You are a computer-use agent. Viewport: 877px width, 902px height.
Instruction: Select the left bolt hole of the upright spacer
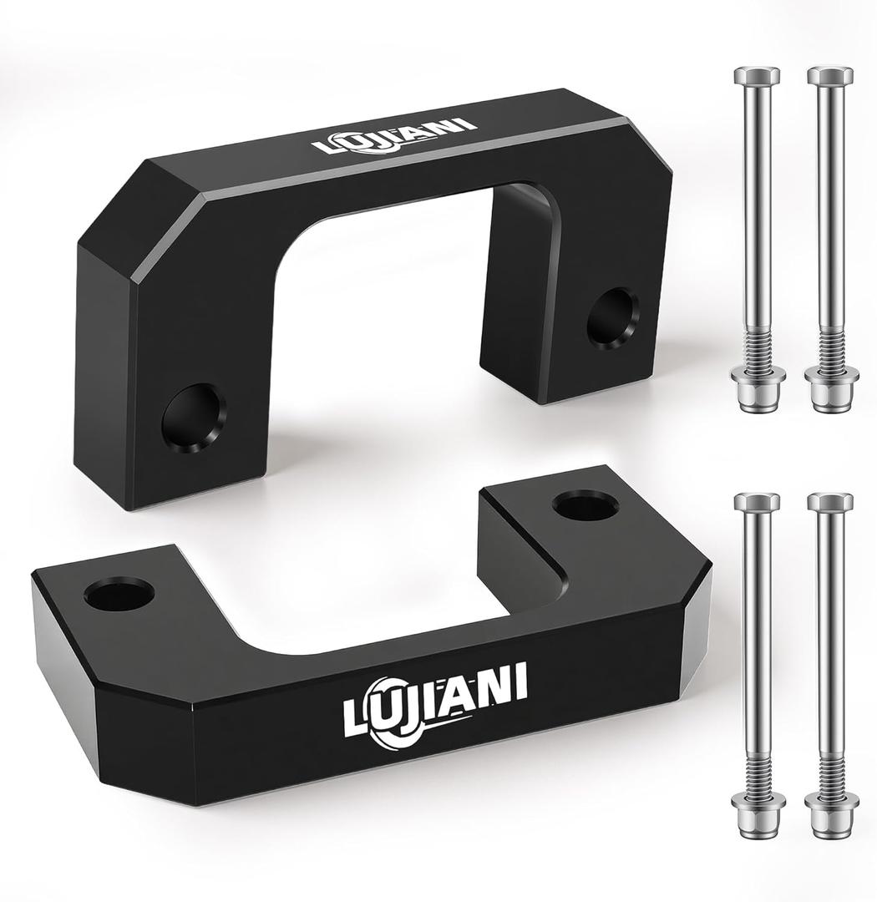(x=194, y=417)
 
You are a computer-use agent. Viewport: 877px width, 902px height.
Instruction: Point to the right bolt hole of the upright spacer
(x=611, y=317)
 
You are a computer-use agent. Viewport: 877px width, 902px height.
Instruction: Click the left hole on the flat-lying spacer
(x=119, y=593)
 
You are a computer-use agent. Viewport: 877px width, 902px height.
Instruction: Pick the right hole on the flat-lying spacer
(x=585, y=504)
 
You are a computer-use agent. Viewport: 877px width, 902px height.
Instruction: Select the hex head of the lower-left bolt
(x=757, y=502)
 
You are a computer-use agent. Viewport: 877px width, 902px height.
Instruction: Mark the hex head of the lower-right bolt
(x=829, y=502)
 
